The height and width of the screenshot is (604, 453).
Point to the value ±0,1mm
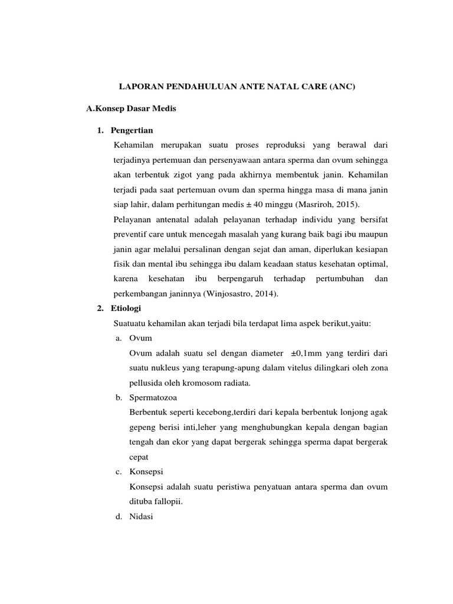pos(307,353)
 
